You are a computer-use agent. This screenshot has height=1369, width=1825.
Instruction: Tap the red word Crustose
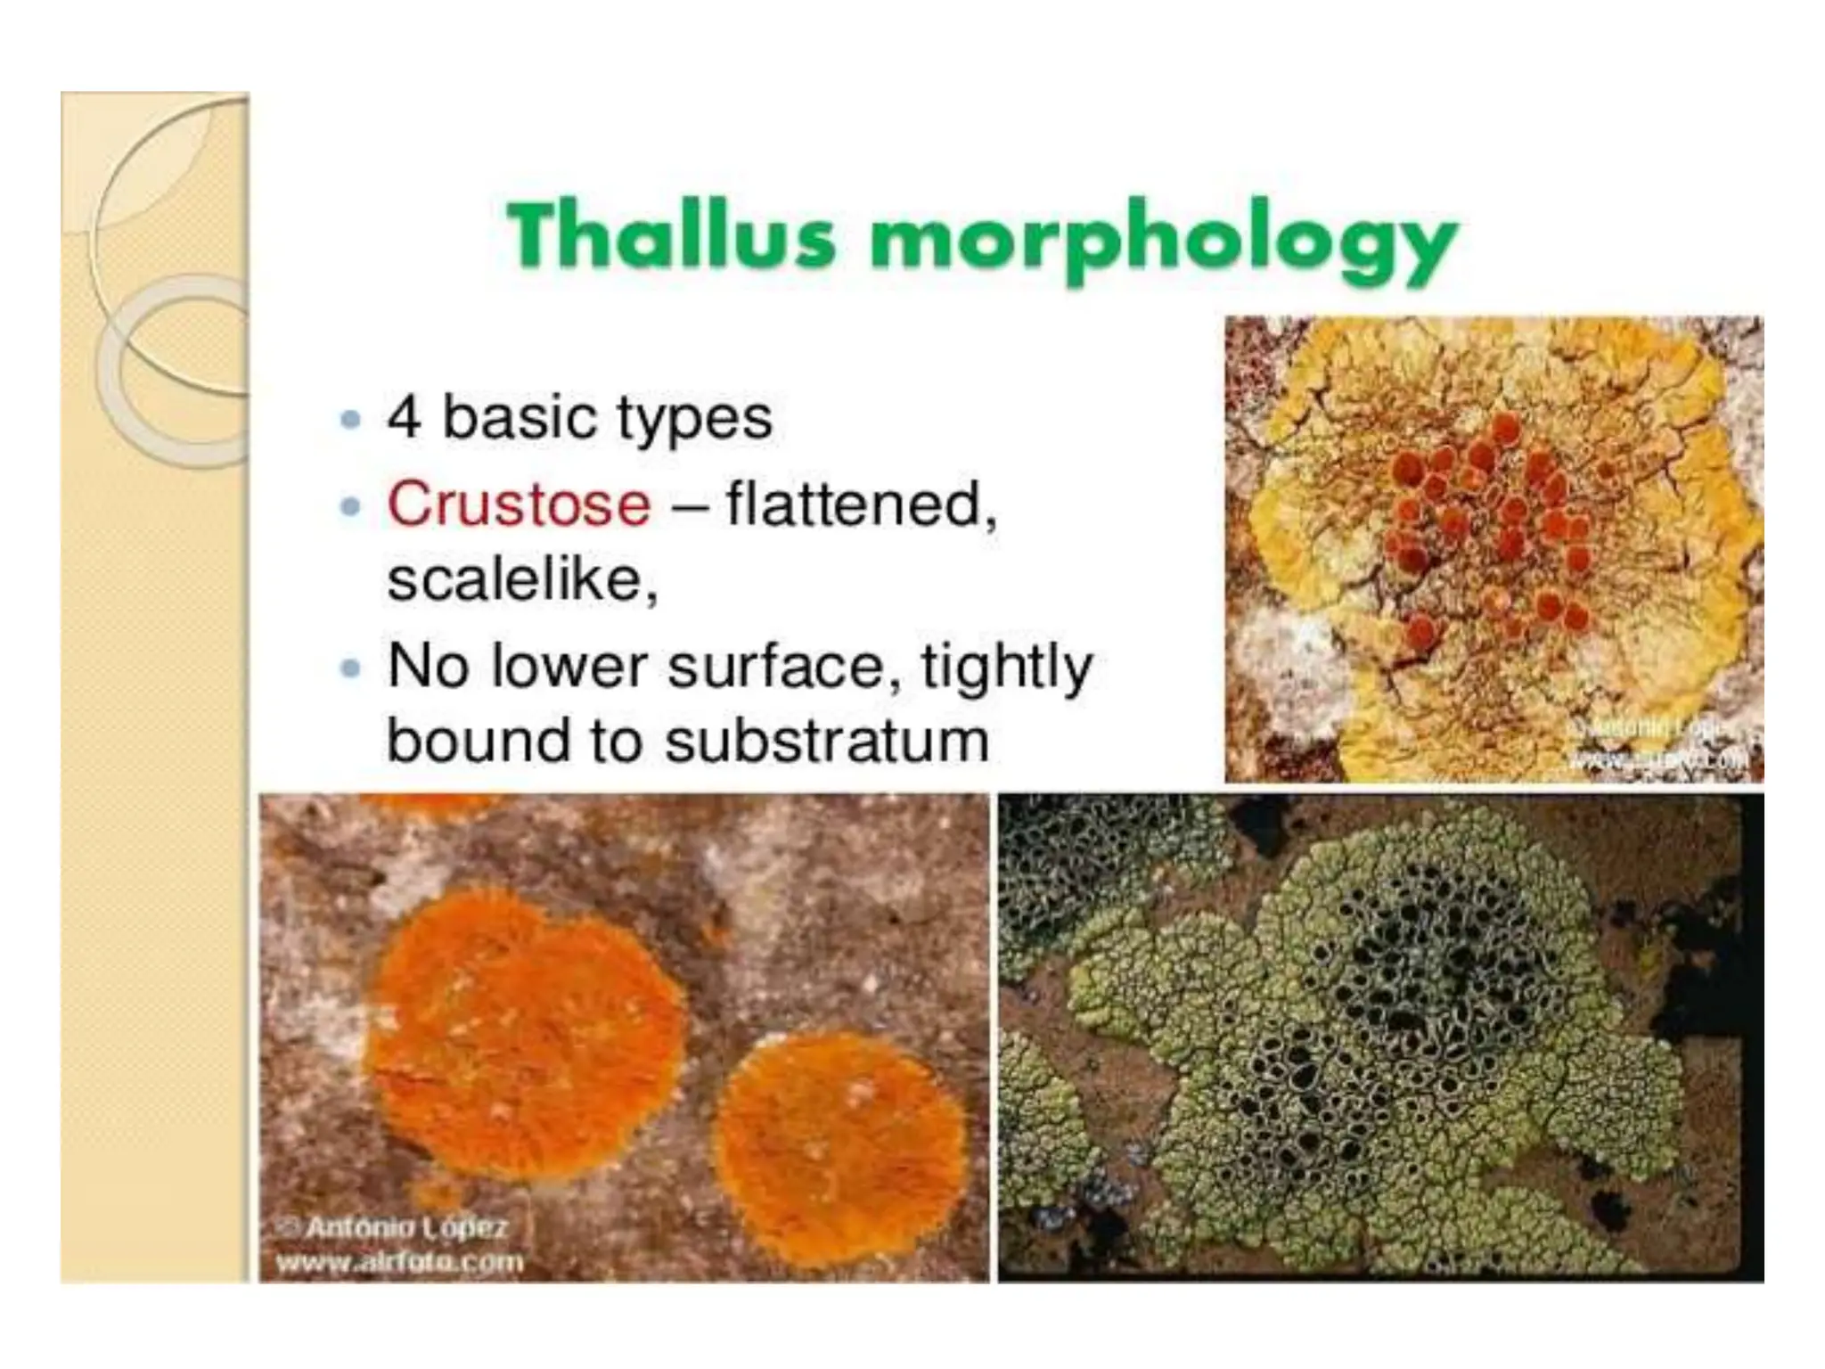coord(519,504)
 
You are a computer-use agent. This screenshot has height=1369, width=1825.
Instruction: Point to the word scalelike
coord(521,580)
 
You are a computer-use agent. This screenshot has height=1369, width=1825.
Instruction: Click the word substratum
coord(826,741)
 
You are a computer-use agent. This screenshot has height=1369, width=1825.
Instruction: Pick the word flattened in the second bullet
coord(860,504)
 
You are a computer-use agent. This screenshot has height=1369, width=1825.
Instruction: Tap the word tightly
coord(1006,667)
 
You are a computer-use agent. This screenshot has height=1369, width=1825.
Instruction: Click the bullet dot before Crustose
coord(351,507)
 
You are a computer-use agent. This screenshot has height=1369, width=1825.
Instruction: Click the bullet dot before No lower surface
coord(351,668)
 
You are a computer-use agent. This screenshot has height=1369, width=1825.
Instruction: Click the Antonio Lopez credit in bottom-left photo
coord(405,1227)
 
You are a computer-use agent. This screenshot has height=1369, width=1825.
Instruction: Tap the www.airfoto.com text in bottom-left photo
coord(399,1262)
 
